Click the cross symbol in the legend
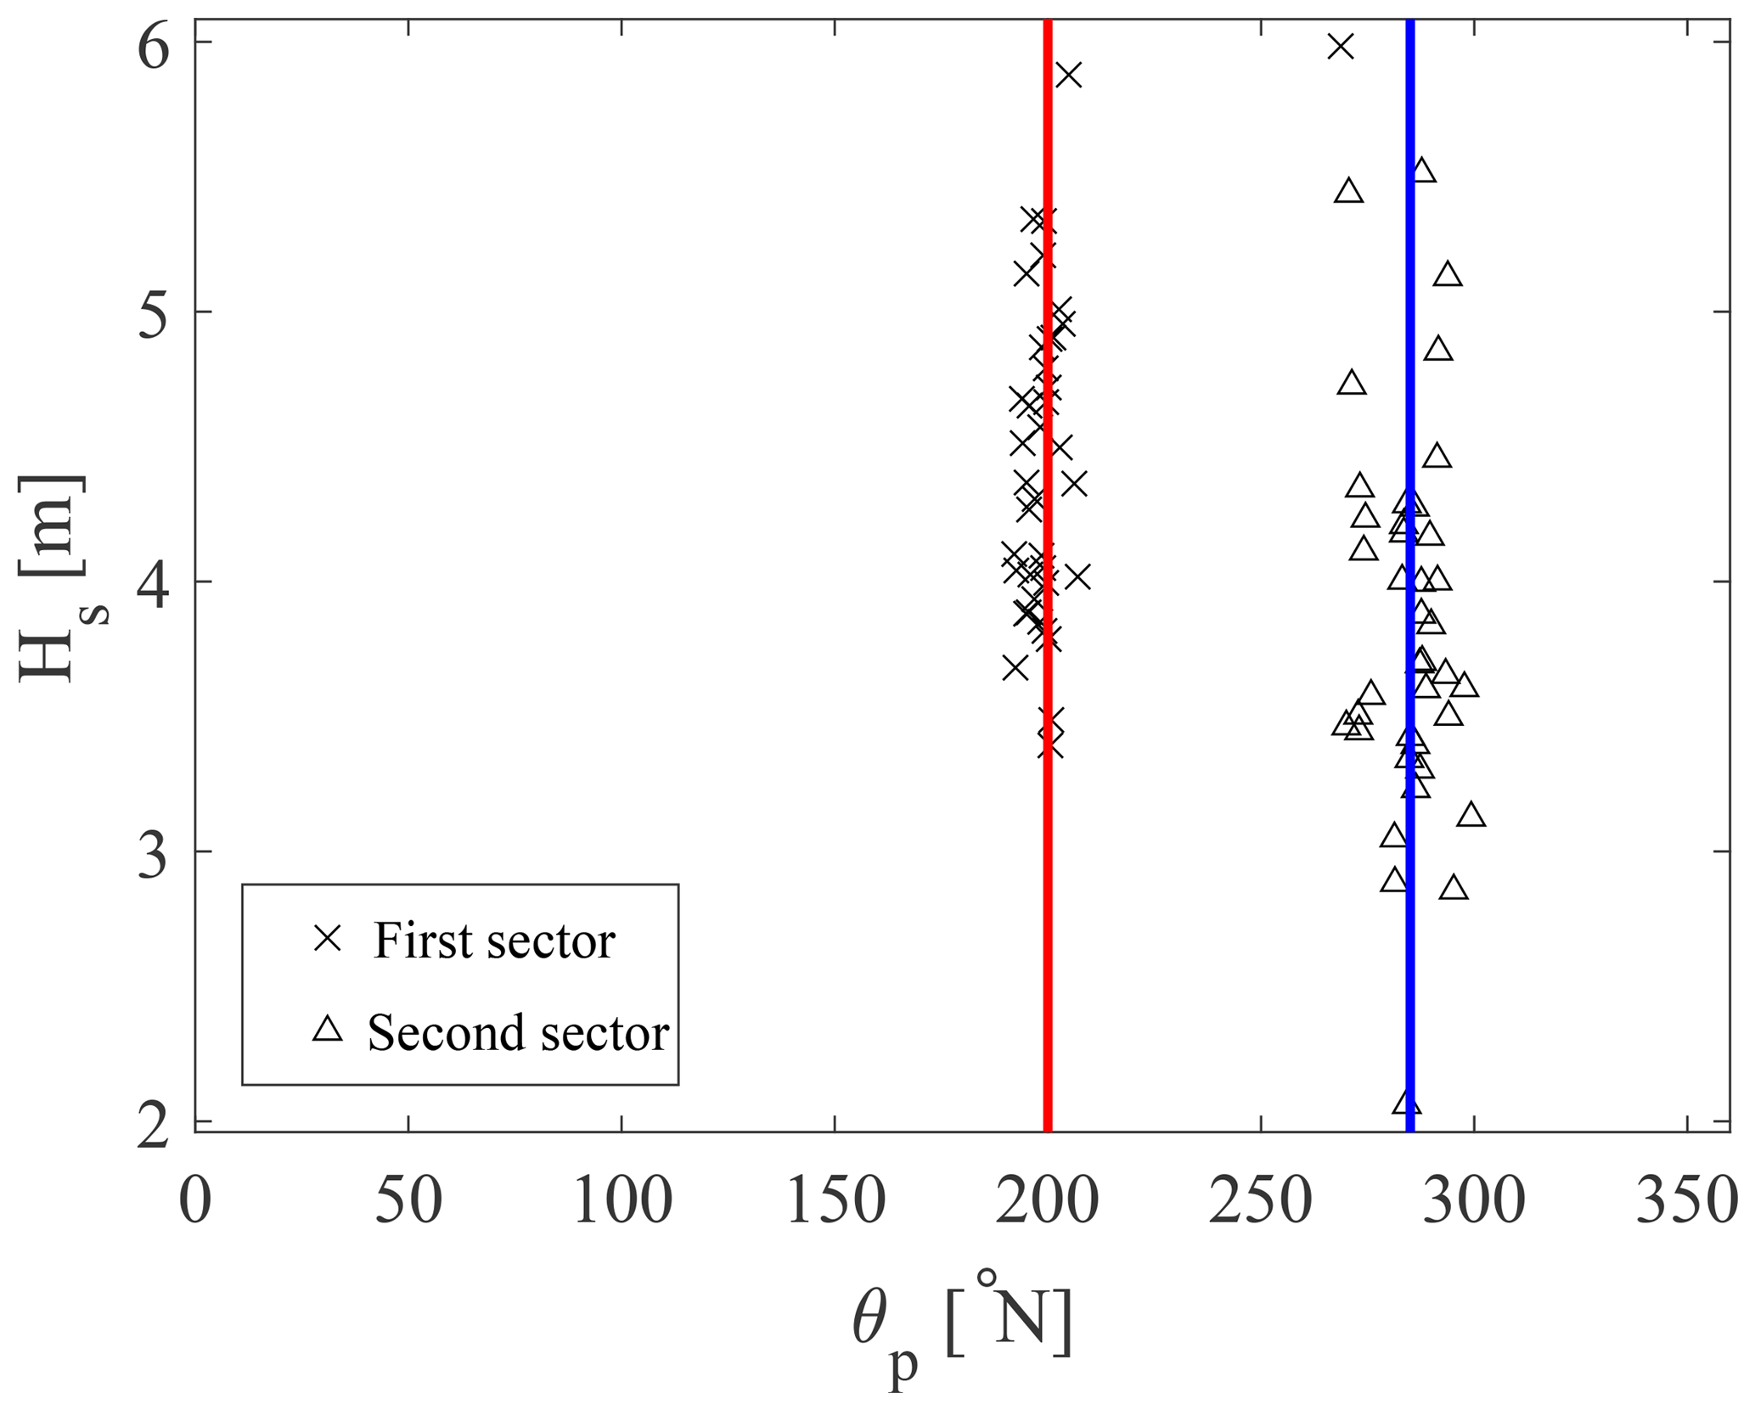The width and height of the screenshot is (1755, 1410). click(x=328, y=939)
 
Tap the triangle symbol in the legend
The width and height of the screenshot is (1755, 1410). click(x=328, y=1031)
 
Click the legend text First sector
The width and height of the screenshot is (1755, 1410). click(x=494, y=941)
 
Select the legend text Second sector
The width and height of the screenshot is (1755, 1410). click(x=518, y=1033)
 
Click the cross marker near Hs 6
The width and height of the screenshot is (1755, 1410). click(x=1341, y=46)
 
